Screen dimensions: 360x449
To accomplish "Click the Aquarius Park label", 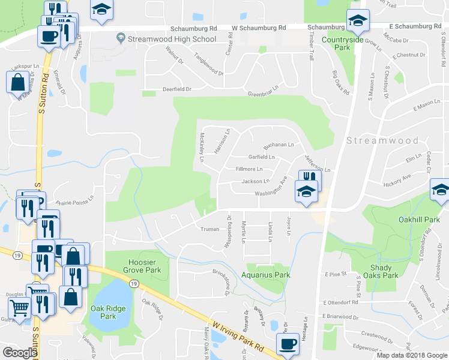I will (266, 275).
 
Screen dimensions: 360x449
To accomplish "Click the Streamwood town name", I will (382, 140).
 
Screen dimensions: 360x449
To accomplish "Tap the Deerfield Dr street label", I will (176, 89).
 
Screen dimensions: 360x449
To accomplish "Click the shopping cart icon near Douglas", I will (19, 309).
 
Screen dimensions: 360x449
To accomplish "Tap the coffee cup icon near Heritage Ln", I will (287, 344).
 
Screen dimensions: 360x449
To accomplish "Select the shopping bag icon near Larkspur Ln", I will (17, 81).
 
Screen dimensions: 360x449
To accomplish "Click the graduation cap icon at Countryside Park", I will (357, 22).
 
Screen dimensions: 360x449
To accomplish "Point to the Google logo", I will (20, 353).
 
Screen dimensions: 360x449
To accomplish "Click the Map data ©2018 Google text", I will (412, 355).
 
